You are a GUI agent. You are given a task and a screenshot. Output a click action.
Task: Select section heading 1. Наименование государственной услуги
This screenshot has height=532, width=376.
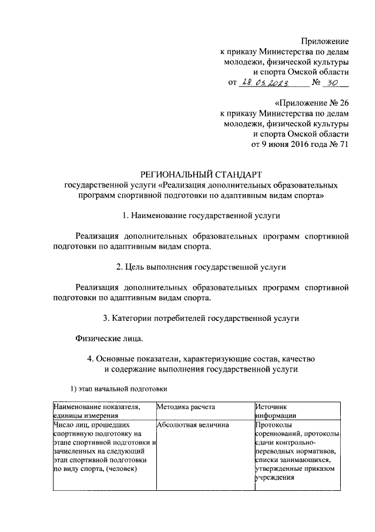tap(202, 216)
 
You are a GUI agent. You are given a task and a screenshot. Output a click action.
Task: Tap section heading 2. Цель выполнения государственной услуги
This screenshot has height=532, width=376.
tap(202, 267)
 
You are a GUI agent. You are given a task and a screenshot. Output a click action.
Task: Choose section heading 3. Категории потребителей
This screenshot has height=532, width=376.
tap(202, 318)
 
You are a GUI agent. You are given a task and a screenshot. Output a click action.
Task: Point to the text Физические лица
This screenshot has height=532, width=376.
tap(109, 339)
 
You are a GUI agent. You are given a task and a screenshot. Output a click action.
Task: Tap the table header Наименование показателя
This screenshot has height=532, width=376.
tap(97, 407)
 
